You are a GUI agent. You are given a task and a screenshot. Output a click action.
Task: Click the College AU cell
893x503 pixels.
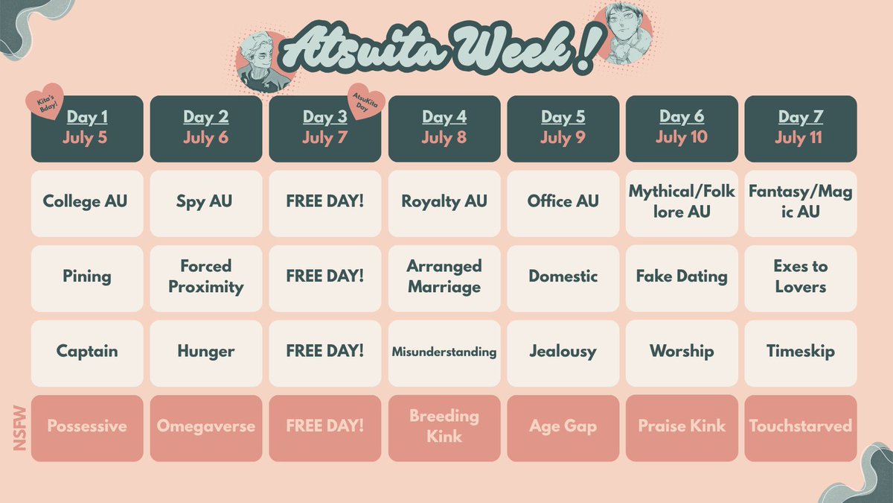click(86, 203)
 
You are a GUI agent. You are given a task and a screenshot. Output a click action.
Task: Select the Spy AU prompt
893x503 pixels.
click(205, 203)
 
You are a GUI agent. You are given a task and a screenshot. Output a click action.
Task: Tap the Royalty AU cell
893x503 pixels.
click(444, 203)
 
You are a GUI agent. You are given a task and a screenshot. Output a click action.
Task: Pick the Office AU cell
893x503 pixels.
click(563, 203)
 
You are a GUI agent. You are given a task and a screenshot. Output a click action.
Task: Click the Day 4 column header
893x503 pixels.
click(444, 127)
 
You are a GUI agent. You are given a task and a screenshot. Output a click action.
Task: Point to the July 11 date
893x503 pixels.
click(800, 139)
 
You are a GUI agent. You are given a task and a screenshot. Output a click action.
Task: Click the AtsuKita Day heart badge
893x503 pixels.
click(366, 101)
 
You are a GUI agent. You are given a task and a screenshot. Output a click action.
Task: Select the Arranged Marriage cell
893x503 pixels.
click(444, 276)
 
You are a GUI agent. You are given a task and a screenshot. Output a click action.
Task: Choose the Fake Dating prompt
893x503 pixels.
click(682, 276)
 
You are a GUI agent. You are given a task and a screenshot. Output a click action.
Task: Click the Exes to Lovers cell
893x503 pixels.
click(800, 276)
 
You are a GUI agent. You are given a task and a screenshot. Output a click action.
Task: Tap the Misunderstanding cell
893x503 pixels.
click(444, 352)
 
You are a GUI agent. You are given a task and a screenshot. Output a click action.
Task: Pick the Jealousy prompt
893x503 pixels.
click(563, 352)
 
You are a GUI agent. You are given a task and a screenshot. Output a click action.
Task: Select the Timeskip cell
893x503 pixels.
click(800, 352)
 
